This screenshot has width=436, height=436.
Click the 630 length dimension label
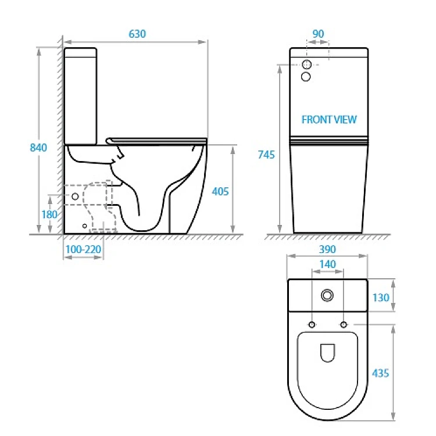137,34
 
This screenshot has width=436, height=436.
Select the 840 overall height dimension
38,148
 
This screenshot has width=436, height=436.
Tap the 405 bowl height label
220,191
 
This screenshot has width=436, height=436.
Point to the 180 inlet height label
49,215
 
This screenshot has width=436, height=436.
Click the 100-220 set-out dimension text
83,249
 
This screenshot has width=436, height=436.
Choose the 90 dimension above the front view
318,34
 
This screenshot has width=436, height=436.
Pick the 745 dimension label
266,155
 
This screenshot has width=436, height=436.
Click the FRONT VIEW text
329,120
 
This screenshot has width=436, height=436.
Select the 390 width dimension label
327,249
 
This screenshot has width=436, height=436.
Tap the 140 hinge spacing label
327,264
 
